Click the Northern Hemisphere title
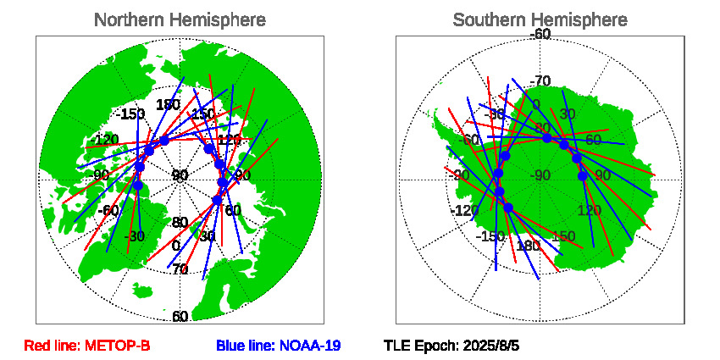tap(179, 19)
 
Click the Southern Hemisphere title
tap(540, 19)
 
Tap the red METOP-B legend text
tap(87, 346)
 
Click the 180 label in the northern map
tap(168, 105)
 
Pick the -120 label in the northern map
tap(106, 140)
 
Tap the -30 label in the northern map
tap(134, 236)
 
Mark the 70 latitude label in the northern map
tap(180, 269)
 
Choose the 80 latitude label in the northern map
tap(180, 223)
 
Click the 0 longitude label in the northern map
tap(175, 246)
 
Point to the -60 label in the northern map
tap(107, 210)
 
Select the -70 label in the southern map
tap(540, 81)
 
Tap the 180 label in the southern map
tap(528, 246)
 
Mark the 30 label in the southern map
tap(568, 114)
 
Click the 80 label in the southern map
tap(542, 129)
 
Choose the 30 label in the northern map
tap(207, 236)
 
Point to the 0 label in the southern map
tap(535, 104)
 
